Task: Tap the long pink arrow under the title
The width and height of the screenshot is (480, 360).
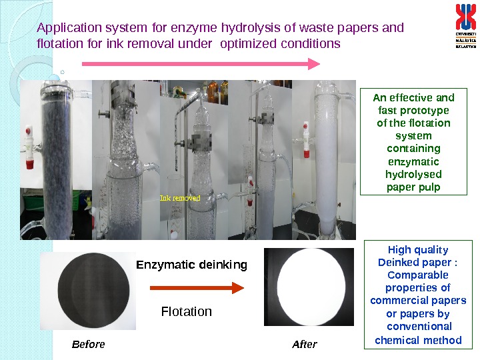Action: point(201,64)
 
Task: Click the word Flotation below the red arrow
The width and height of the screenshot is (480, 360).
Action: point(187,311)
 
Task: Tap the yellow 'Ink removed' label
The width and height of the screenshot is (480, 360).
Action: point(180,198)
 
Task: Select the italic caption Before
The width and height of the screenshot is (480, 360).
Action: point(88,345)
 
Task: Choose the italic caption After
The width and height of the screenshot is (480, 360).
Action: point(305,345)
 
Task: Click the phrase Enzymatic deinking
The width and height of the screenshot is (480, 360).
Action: point(191,265)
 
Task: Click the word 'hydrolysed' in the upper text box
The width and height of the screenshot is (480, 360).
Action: point(413,174)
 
